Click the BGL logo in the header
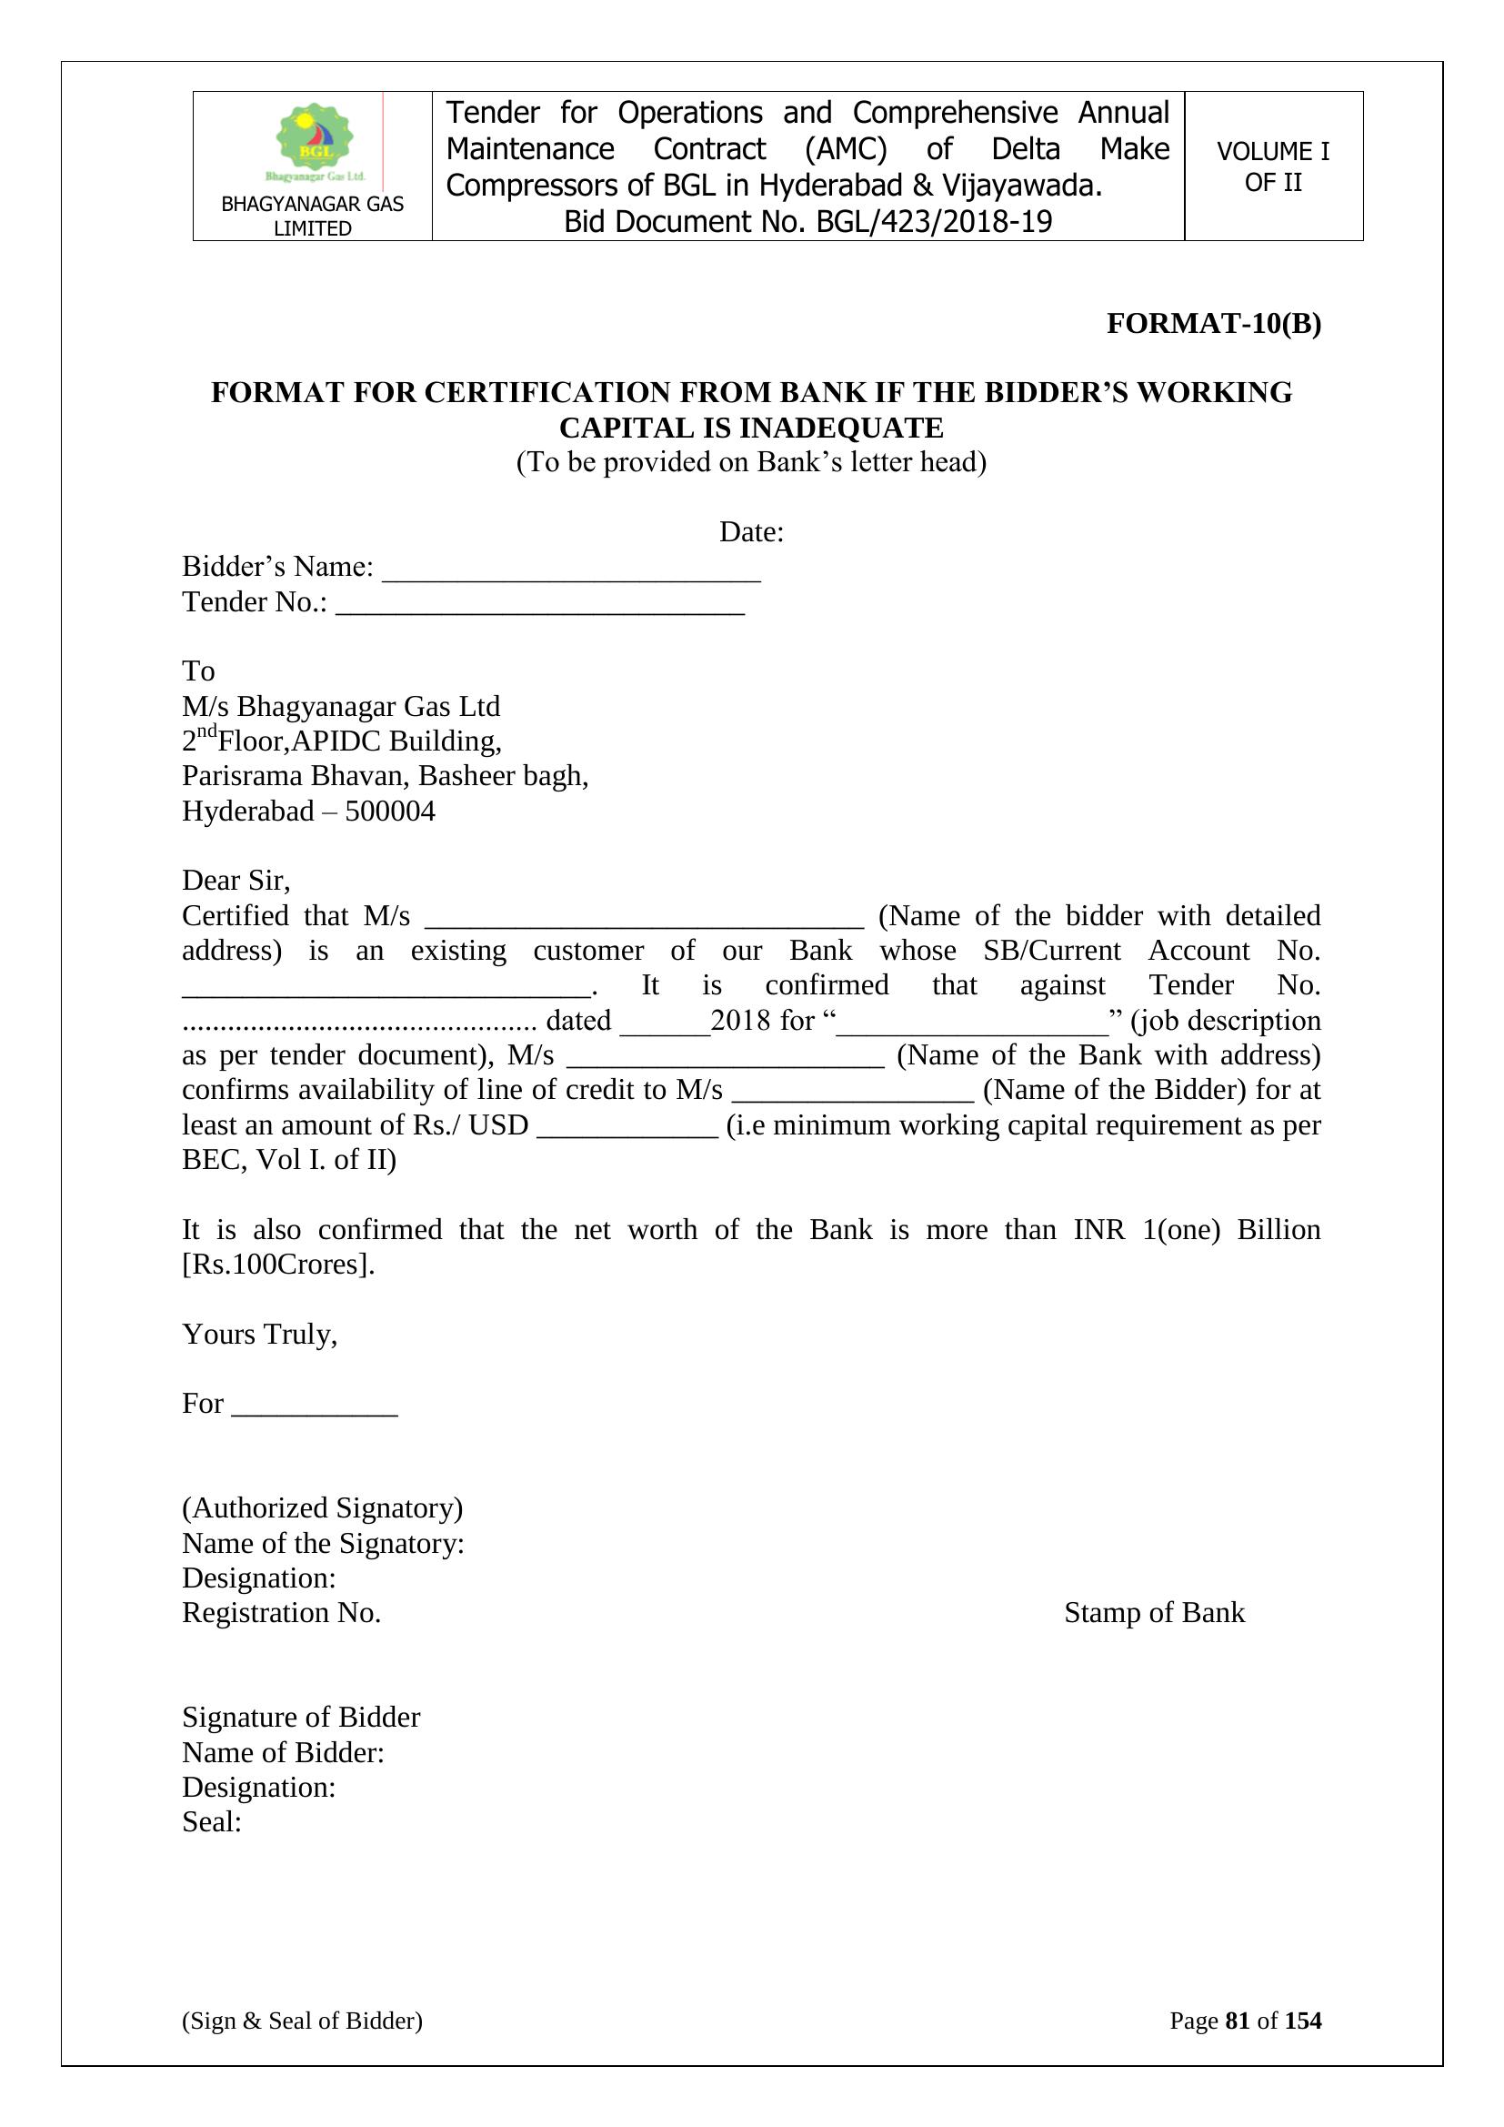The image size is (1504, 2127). pos(315,142)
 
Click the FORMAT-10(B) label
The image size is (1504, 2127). pos(1213,323)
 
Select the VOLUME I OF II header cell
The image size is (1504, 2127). pos(1272,166)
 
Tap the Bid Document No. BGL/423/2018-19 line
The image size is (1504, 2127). pos(807,222)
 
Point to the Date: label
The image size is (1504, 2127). pos(751,531)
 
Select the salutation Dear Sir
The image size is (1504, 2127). pos(236,880)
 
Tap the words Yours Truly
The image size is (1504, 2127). pos(259,1334)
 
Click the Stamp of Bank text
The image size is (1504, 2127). pos(1154,1613)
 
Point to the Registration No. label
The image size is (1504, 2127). pos(282,1613)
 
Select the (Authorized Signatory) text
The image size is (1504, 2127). pos(322,1508)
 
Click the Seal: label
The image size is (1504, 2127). pos(211,1822)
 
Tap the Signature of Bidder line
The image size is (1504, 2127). pos(301,1718)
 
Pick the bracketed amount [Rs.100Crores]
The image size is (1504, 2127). pos(278,1265)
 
